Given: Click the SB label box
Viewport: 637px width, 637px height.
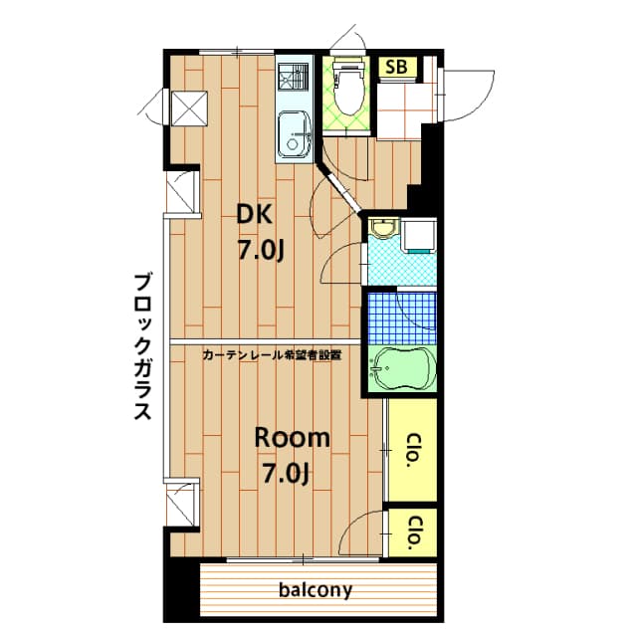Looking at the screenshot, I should [395, 67].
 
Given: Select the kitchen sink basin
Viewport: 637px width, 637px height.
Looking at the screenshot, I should [294, 134].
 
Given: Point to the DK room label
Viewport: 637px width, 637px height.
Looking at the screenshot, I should [253, 212].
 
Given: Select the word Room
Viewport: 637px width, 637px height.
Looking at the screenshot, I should [291, 437].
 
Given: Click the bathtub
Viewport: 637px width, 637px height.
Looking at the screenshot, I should [402, 370].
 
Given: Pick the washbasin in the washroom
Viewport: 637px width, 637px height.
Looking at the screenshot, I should [381, 231].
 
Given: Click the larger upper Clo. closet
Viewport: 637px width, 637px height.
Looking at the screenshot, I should [411, 449].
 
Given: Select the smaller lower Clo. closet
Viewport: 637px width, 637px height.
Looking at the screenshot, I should [412, 531].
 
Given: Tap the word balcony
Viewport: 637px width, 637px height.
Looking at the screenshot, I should [315, 590].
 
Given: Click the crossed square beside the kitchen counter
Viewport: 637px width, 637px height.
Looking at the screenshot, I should [188, 107].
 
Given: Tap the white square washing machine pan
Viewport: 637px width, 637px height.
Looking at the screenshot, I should [420, 235].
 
